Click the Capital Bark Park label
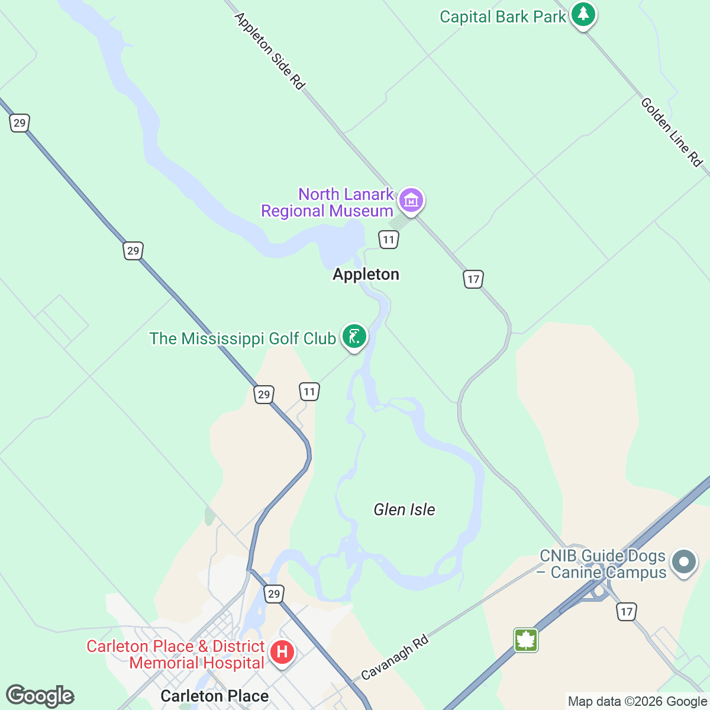tap(502, 17)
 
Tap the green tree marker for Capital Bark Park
tap(583, 14)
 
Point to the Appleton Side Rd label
tap(270, 51)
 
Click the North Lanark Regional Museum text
tap(328, 202)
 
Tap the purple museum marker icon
tap(411, 200)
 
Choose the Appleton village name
tap(366, 274)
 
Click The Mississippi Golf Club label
tap(243, 338)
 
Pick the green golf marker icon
tap(354, 337)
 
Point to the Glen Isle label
tap(404, 509)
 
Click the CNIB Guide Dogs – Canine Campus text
tap(603, 564)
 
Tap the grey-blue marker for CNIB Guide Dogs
tap(684, 561)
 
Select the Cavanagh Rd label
tap(395, 657)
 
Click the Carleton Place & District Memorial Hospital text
tap(176, 654)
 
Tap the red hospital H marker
tap(282, 653)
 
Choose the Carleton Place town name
tap(214, 696)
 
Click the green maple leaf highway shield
tap(526, 640)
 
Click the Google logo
tap(40, 696)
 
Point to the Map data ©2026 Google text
tap(637, 702)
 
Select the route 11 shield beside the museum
tap(388, 240)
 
